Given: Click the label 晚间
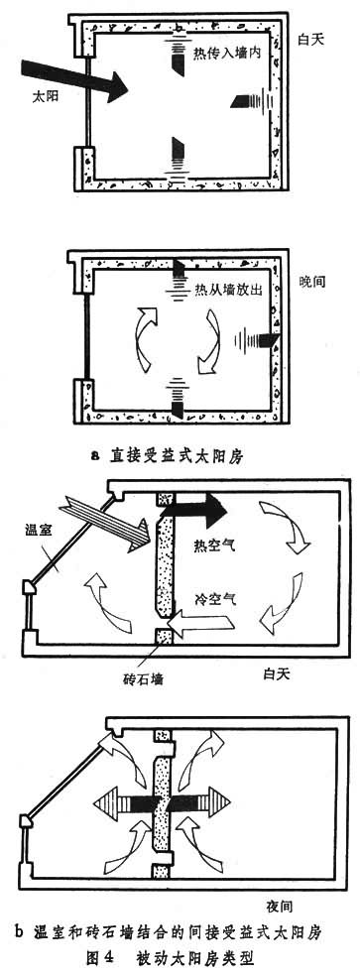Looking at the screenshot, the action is point(311,281).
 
